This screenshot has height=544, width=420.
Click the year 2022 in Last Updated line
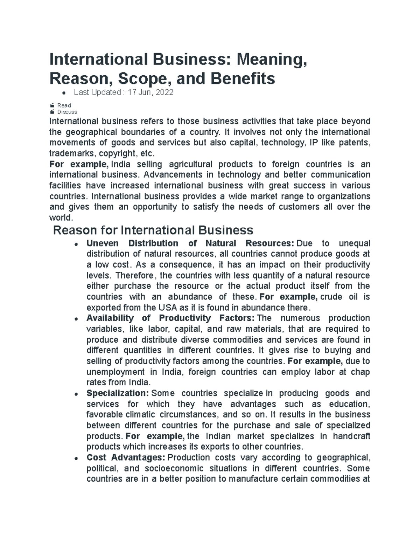(164, 92)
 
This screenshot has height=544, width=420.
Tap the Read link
(64, 105)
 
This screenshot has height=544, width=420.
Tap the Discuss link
(67, 112)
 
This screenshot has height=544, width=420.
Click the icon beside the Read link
(52, 105)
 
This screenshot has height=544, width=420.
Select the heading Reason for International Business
(153, 230)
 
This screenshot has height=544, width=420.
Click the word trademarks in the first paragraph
(72, 154)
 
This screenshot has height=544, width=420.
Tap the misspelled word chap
(360, 372)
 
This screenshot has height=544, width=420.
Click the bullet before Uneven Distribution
(76, 245)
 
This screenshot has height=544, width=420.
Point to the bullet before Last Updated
(63, 93)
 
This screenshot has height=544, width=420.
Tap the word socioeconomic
(174, 469)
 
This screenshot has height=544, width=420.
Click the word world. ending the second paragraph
(61, 218)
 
